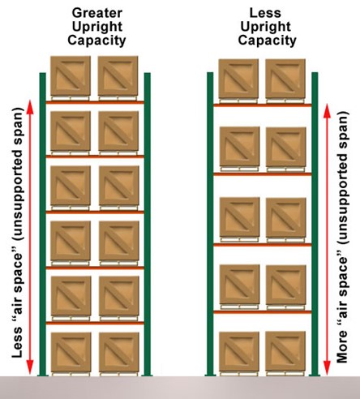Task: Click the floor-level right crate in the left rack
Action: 118,354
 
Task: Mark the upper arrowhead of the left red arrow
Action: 31,105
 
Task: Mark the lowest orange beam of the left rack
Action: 95,324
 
